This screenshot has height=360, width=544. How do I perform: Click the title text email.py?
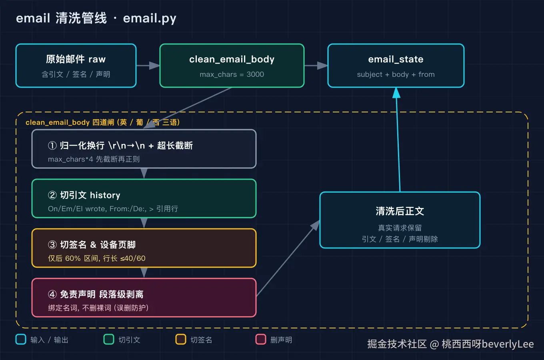click(150, 19)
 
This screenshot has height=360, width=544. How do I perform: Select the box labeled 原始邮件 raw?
click(76, 66)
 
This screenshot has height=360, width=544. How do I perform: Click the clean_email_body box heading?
click(232, 60)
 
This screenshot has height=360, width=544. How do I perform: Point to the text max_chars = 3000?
click(232, 74)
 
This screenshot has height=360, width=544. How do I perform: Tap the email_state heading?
click(396, 60)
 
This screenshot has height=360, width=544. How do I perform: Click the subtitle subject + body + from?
click(396, 74)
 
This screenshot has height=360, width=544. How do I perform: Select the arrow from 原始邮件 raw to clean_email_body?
click(148, 66)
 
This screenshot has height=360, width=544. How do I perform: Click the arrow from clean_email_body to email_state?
click(316, 66)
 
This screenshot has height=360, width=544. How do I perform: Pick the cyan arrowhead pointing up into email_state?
click(396, 93)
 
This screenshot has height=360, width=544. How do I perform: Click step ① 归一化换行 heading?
click(120, 146)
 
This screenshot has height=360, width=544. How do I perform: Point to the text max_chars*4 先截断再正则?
click(94, 159)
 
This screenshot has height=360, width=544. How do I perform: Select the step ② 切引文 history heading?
click(84, 195)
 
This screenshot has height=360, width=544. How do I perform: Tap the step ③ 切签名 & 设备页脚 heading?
click(92, 245)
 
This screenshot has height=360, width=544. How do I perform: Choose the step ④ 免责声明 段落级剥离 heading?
click(96, 294)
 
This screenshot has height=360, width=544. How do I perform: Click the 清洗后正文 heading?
click(400, 211)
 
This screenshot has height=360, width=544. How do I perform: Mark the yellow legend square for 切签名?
click(181, 339)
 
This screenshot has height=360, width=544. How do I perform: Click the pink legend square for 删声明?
click(261, 339)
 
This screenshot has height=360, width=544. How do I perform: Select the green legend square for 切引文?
click(109, 339)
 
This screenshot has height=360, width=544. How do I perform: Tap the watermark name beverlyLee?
click(508, 344)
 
